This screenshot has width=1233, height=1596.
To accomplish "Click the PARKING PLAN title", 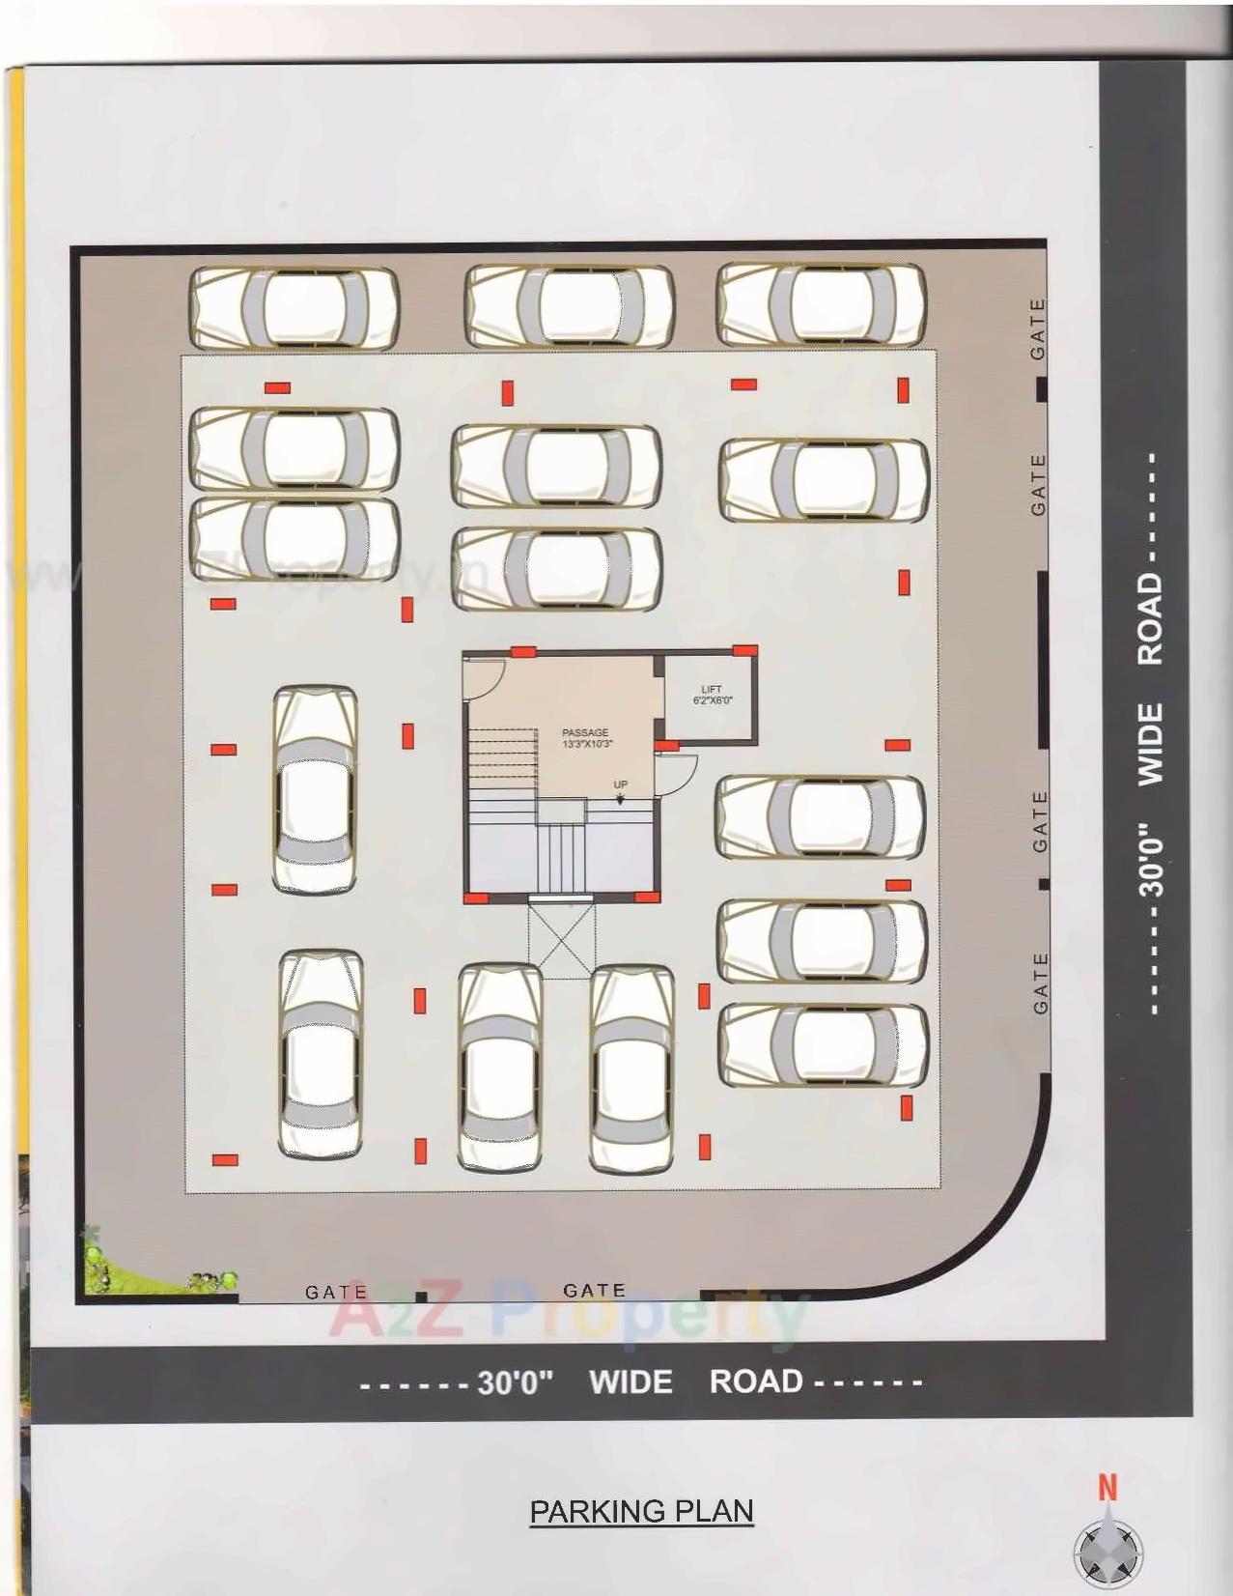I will (641, 1511).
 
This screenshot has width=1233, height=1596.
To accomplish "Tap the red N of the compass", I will (1107, 1488).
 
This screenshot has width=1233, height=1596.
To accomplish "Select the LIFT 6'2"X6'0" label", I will (712, 695).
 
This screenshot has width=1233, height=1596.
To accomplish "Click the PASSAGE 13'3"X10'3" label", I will (586, 738).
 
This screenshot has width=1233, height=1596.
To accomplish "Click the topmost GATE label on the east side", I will (1038, 329).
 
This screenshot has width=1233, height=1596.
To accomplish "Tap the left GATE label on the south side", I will (336, 1292).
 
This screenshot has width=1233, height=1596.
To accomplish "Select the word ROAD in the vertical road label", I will (1150, 618).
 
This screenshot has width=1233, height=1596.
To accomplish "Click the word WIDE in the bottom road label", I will (631, 1382).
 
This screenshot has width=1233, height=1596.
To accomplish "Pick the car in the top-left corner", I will (294, 307).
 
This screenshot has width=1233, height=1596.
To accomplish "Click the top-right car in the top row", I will (821, 304).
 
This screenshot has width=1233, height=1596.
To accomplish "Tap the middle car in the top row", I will (569, 306).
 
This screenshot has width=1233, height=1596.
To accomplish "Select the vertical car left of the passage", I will (315, 788).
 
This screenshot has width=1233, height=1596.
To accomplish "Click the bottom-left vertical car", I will (321, 1053).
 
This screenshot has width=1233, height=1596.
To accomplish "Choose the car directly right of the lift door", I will (820, 817).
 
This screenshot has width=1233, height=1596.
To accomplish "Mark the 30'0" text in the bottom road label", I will (515, 1382).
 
